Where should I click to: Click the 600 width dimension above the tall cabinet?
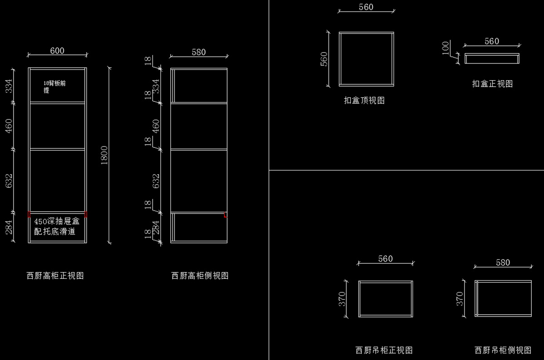57,51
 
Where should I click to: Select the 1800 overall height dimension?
104,155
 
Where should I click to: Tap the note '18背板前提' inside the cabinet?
54,87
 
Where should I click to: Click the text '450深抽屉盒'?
57,221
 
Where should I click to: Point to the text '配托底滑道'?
55,231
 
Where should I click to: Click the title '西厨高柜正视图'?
55,276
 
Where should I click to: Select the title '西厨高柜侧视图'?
200,276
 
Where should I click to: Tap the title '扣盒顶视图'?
364,100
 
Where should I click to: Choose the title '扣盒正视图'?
492,84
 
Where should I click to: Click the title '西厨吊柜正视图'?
384,350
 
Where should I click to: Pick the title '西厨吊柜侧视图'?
503,350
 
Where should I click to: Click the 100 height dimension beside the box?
445,48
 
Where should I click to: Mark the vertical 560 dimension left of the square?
324,59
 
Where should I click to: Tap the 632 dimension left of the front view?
9,181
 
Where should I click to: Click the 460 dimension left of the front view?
9,126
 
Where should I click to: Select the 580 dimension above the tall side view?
199,52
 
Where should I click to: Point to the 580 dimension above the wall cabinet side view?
503,263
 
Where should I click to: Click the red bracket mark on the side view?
225,215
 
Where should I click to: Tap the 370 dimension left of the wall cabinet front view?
342,299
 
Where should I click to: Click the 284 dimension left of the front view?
9,227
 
